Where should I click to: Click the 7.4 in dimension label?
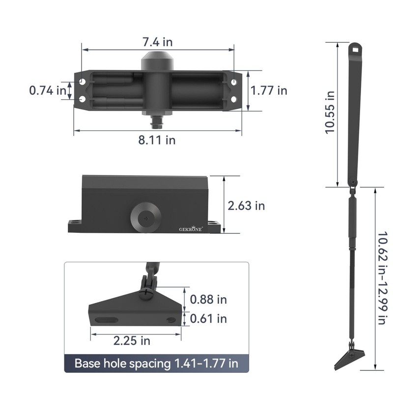coord(158,42)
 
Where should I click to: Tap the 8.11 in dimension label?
coord(157,140)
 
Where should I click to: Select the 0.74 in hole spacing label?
coord(48,90)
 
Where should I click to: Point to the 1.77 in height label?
coord(269,90)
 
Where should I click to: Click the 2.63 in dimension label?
coord(246,206)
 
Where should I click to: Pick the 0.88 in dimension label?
coord(208,300)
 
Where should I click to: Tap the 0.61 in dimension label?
coord(208,319)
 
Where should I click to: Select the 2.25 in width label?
coord(132,341)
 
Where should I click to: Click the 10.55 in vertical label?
coord(330,112)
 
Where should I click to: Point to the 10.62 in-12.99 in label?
coord(383,278)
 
